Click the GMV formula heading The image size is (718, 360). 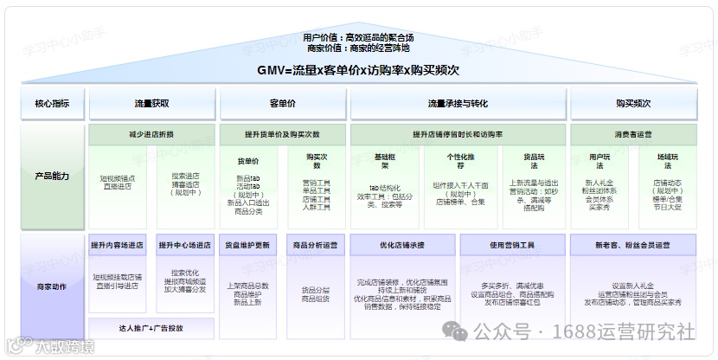(358, 69)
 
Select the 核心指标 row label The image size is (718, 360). (52, 104)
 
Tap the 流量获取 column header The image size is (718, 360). (151, 104)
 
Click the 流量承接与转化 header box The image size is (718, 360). (458, 104)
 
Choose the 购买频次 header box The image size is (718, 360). (632, 104)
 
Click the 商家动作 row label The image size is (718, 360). (52, 286)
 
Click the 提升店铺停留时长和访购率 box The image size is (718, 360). (458, 134)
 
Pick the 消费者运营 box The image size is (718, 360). (632, 134)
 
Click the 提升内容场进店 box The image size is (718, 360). (118, 245)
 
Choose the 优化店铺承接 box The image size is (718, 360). (402, 245)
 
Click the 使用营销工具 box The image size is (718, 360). (512, 245)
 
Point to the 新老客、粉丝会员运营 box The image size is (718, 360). (632, 245)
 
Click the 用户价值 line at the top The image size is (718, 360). (358, 37)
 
